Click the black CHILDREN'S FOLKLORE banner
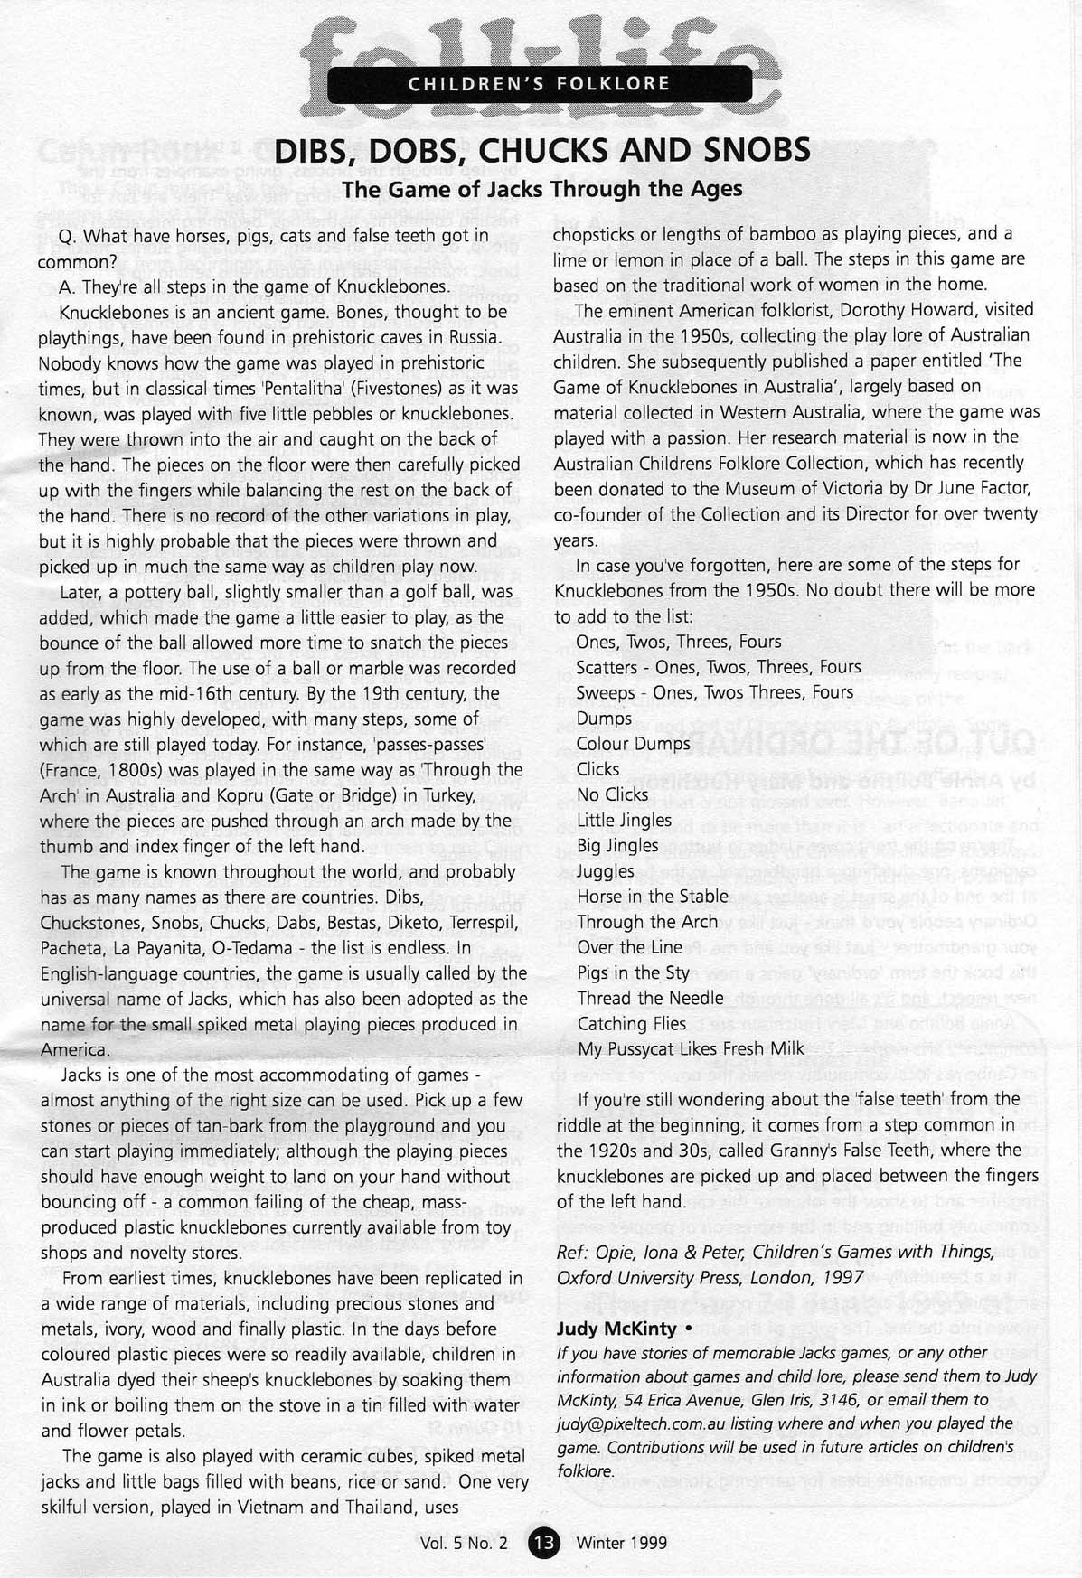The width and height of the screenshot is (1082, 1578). point(540,84)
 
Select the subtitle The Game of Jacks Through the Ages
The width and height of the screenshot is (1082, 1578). point(541,189)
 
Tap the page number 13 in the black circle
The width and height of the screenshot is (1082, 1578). point(545,1544)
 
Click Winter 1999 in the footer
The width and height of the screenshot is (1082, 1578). point(622,1544)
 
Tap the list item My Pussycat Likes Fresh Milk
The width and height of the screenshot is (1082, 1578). point(691,1049)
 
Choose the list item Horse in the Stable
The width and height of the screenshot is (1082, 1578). point(652,897)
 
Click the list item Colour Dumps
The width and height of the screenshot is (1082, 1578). point(633,744)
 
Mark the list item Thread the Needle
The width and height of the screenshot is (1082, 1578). point(650,999)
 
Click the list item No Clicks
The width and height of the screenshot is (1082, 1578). point(612,794)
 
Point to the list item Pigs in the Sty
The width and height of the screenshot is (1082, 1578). point(633,973)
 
